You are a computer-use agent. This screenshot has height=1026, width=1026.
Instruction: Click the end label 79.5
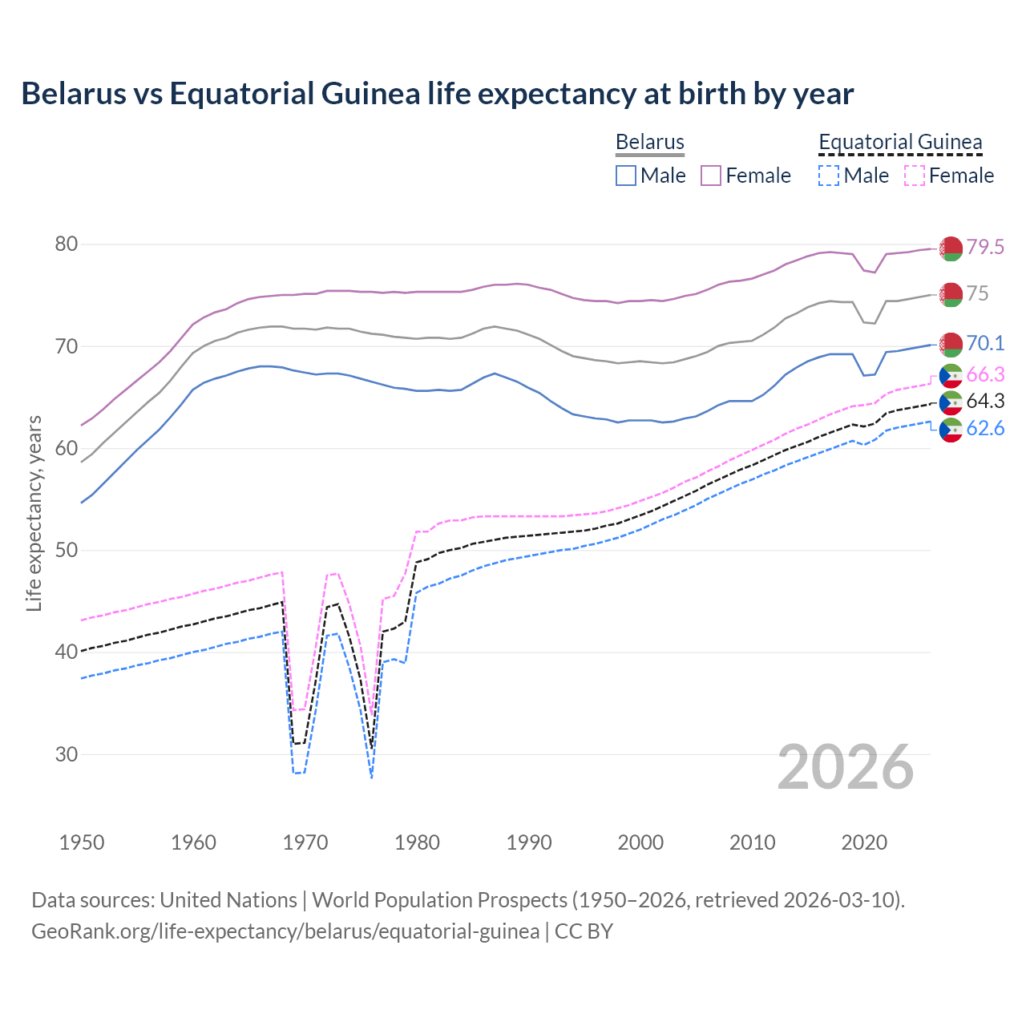click(x=985, y=247)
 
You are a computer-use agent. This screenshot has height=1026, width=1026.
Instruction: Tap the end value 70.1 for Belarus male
click(x=985, y=343)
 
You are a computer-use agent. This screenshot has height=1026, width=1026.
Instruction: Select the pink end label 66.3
click(x=985, y=374)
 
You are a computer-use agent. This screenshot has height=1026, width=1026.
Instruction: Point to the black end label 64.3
click(x=985, y=401)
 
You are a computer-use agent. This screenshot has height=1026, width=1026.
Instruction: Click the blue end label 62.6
click(x=985, y=428)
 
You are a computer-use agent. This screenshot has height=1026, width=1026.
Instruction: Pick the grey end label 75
click(x=977, y=293)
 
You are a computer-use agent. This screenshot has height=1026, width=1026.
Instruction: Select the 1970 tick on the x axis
click(x=305, y=842)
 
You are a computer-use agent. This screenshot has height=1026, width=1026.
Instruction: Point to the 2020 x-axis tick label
click(x=864, y=842)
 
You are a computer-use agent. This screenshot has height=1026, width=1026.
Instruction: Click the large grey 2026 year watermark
click(x=846, y=767)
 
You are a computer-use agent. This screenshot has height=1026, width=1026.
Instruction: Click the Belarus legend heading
click(x=649, y=143)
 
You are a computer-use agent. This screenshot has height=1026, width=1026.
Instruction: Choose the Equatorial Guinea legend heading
click(x=899, y=143)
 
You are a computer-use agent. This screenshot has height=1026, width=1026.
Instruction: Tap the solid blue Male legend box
click(x=626, y=176)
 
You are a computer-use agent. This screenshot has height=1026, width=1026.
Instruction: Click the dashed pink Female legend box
click(x=914, y=176)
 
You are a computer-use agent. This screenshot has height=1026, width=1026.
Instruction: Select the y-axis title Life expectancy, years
click(x=34, y=513)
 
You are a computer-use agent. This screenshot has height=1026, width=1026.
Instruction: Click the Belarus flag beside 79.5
click(x=951, y=248)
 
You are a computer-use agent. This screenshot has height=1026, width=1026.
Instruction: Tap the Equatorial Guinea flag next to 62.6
click(x=951, y=430)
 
